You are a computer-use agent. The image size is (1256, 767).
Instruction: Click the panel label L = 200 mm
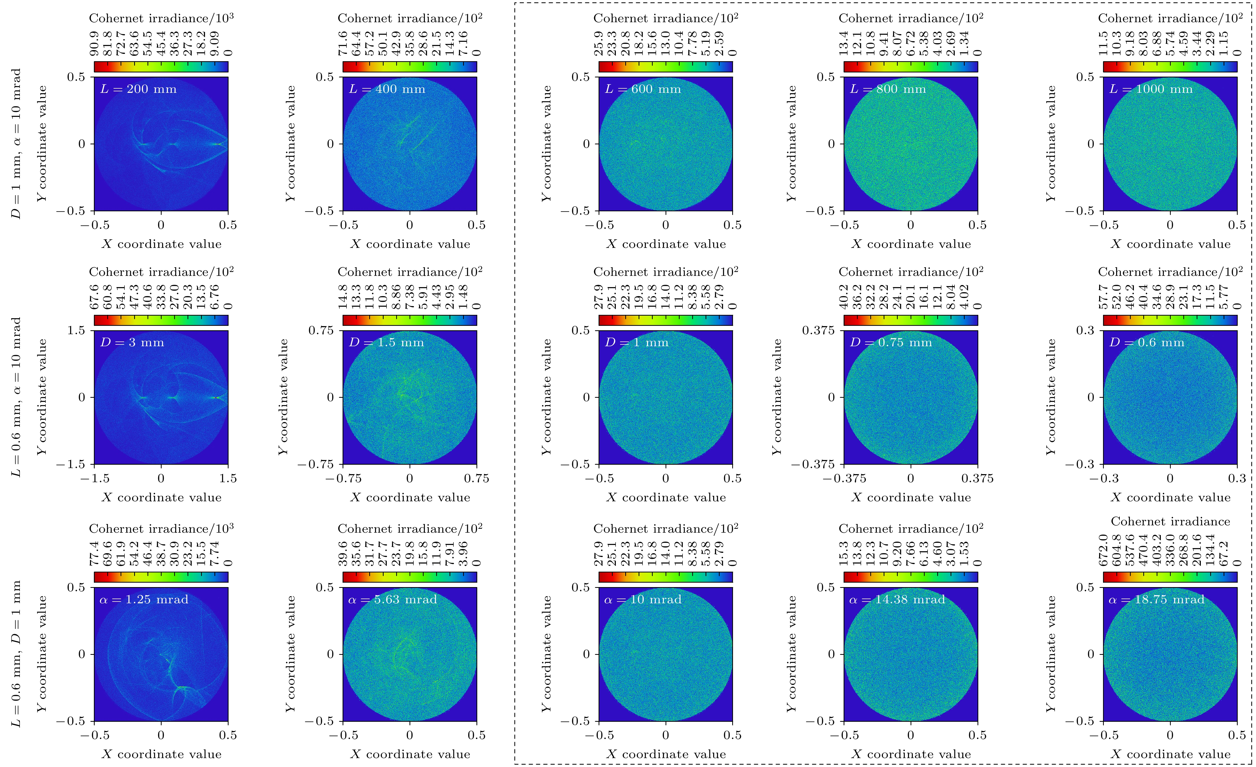tap(138, 89)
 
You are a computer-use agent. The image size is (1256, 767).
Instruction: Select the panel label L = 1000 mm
tap(1151, 89)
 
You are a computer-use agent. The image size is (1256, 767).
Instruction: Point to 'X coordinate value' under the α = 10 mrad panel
tap(666, 754)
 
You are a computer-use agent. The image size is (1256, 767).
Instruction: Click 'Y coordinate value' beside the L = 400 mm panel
tap(291, 144)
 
